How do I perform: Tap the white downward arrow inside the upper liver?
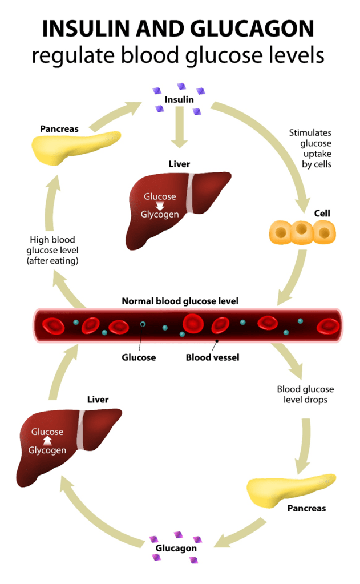(160, 206)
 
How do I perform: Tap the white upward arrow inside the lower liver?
(47, 441)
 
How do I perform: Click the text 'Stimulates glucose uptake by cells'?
(310, 148)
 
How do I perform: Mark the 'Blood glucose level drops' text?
(305, 394)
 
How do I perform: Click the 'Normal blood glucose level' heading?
(180, 300)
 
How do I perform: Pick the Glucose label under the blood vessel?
(139, 357)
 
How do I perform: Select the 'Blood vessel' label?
(212, 357)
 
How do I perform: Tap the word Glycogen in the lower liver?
(47, 450)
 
